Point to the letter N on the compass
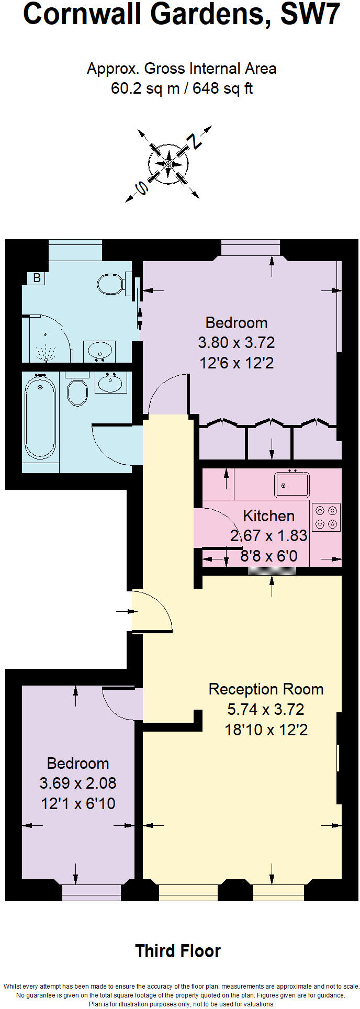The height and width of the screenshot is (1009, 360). click(196, 141)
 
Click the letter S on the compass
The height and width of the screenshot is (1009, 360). click(140, 187)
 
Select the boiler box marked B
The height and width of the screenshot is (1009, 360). click(37, 278)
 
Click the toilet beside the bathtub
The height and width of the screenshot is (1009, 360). click(77, 390)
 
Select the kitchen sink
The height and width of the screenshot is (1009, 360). click(292, 484)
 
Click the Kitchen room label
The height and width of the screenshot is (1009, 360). click(268, 516)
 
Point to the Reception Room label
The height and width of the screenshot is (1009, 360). click(266, 689)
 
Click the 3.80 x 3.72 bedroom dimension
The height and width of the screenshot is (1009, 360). click(236, 343)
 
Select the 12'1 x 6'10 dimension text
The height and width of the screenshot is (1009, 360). click(78, 803)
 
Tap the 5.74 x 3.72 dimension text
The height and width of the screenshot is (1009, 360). click(265, 710)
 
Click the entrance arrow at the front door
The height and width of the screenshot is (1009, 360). click(123, 611)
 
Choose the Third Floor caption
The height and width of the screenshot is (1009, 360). click(178, 951)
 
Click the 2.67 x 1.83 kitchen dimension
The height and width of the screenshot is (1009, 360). click(268, 536)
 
